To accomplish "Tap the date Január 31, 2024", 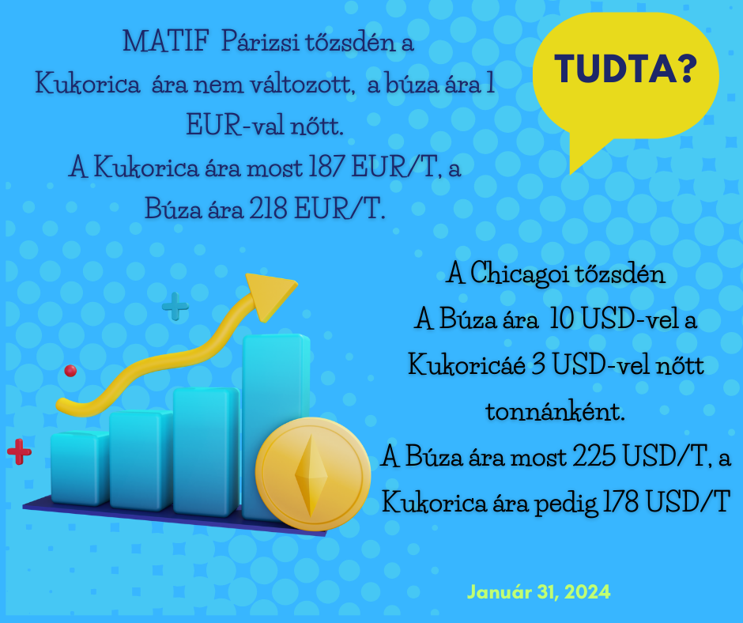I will [538, 591].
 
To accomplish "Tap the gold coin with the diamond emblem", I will [313, 474].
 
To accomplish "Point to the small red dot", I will [70, 370].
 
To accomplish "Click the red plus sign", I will [19, 452].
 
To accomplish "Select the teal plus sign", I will [175, 305].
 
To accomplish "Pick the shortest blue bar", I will [79, 468].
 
